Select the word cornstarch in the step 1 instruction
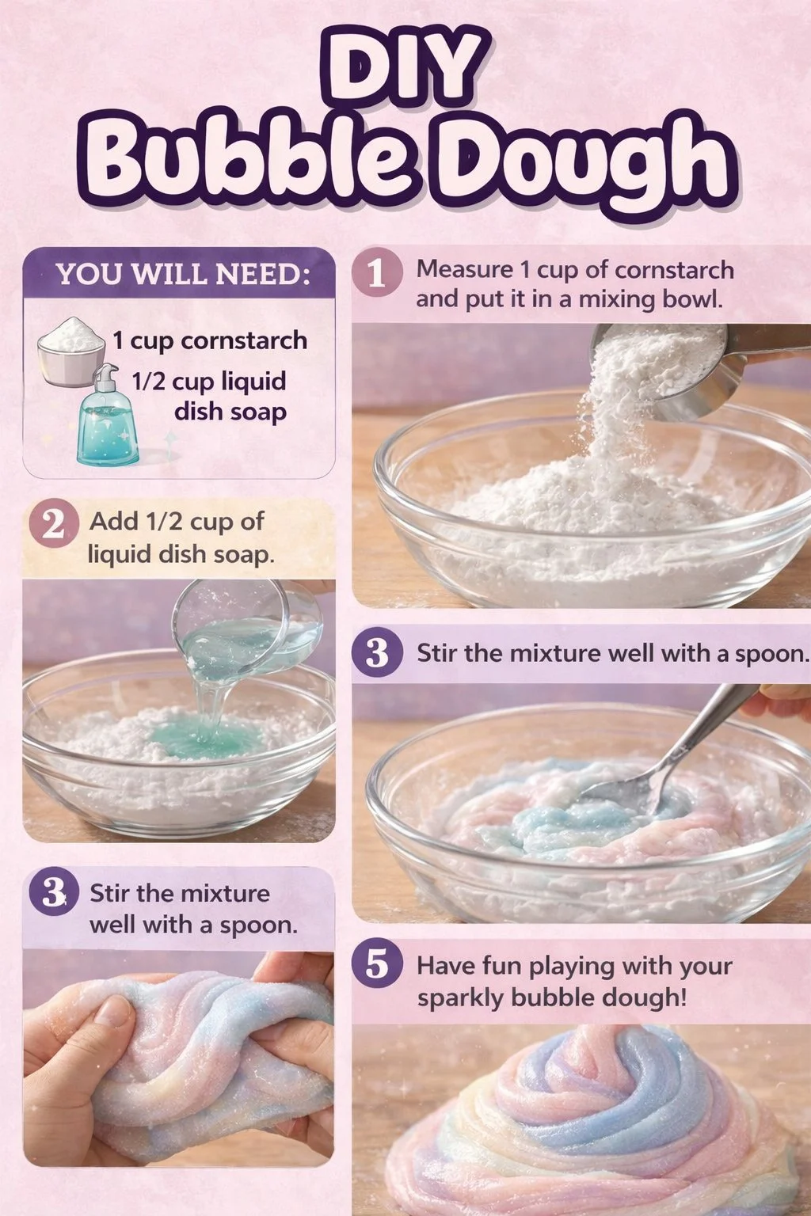[674, 270]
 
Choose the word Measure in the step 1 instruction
[464, 270]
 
